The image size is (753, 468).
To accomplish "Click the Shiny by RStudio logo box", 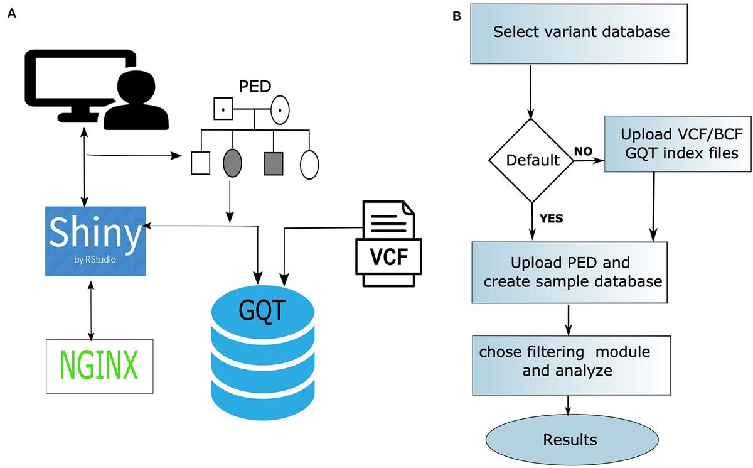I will point(95,241).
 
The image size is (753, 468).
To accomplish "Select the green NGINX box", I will point(100,366).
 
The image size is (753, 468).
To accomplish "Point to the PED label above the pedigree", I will point(252,87).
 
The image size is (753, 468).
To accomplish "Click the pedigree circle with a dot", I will point(279,111).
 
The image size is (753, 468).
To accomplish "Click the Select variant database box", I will point(580,33).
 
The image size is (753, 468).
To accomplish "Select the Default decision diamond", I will point(532,160).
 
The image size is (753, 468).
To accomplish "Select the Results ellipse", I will point(570,438).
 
